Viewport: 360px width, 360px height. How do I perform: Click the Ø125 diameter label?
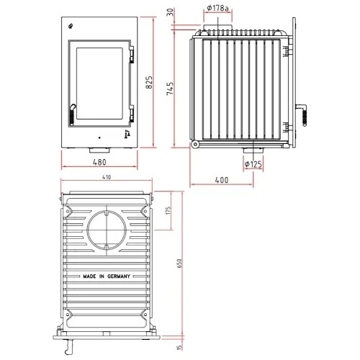pos(252,164)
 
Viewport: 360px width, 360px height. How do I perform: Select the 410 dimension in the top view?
pos(106,176)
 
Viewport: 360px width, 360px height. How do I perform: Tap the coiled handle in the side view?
pos(303,113)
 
